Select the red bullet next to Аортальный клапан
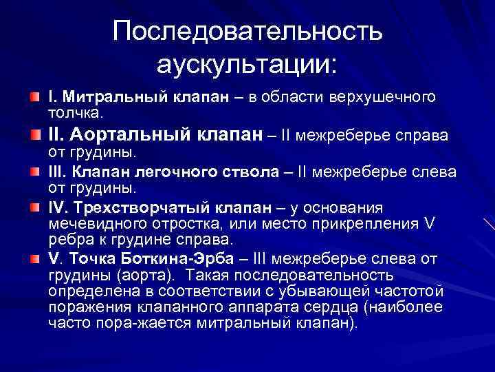click(34, 135)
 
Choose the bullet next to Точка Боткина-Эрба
click(34, 259)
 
